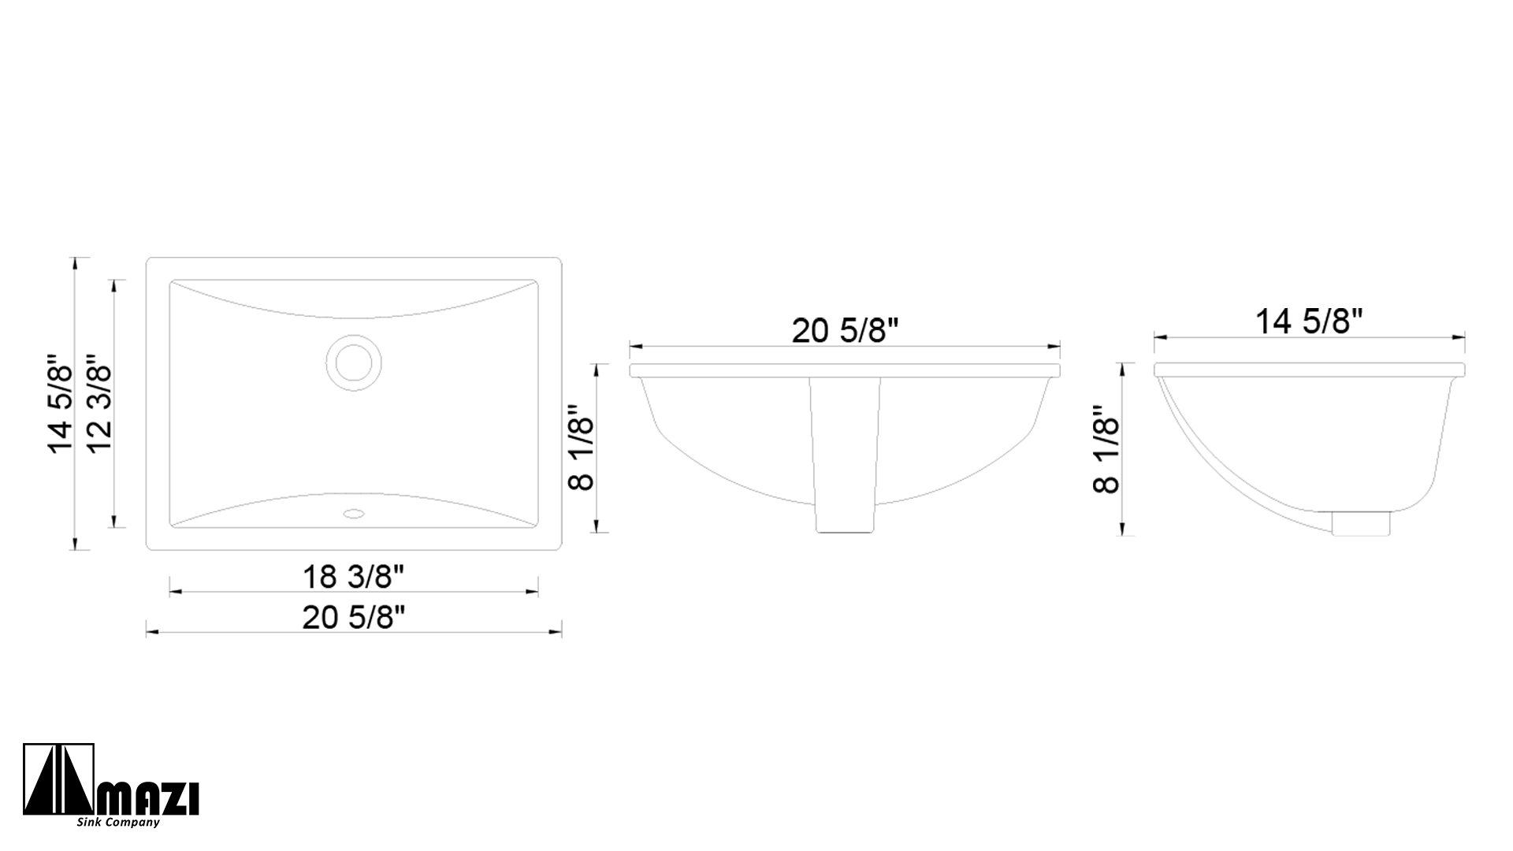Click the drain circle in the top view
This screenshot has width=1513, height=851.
click(353, 362)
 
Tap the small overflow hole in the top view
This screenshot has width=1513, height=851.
click(353, 514)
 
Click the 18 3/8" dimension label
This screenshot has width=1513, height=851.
click(354, 577)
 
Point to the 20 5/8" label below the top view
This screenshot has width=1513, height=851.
click(354, 618)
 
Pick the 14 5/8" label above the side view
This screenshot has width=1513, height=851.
click(1309, 321)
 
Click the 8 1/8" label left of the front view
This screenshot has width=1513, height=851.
click(581, 448)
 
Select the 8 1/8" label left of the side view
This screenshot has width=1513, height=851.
click(1106, 449)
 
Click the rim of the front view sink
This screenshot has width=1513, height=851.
click(845, 370)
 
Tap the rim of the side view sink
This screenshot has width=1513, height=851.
click(1309, 370)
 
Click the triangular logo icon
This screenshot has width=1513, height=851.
click(58, 781)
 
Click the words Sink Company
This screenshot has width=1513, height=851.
click(118, 823)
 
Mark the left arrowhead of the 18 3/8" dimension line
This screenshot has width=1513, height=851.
click(173, 591)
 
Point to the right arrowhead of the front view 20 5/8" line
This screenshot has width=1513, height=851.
click(1056, 346)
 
